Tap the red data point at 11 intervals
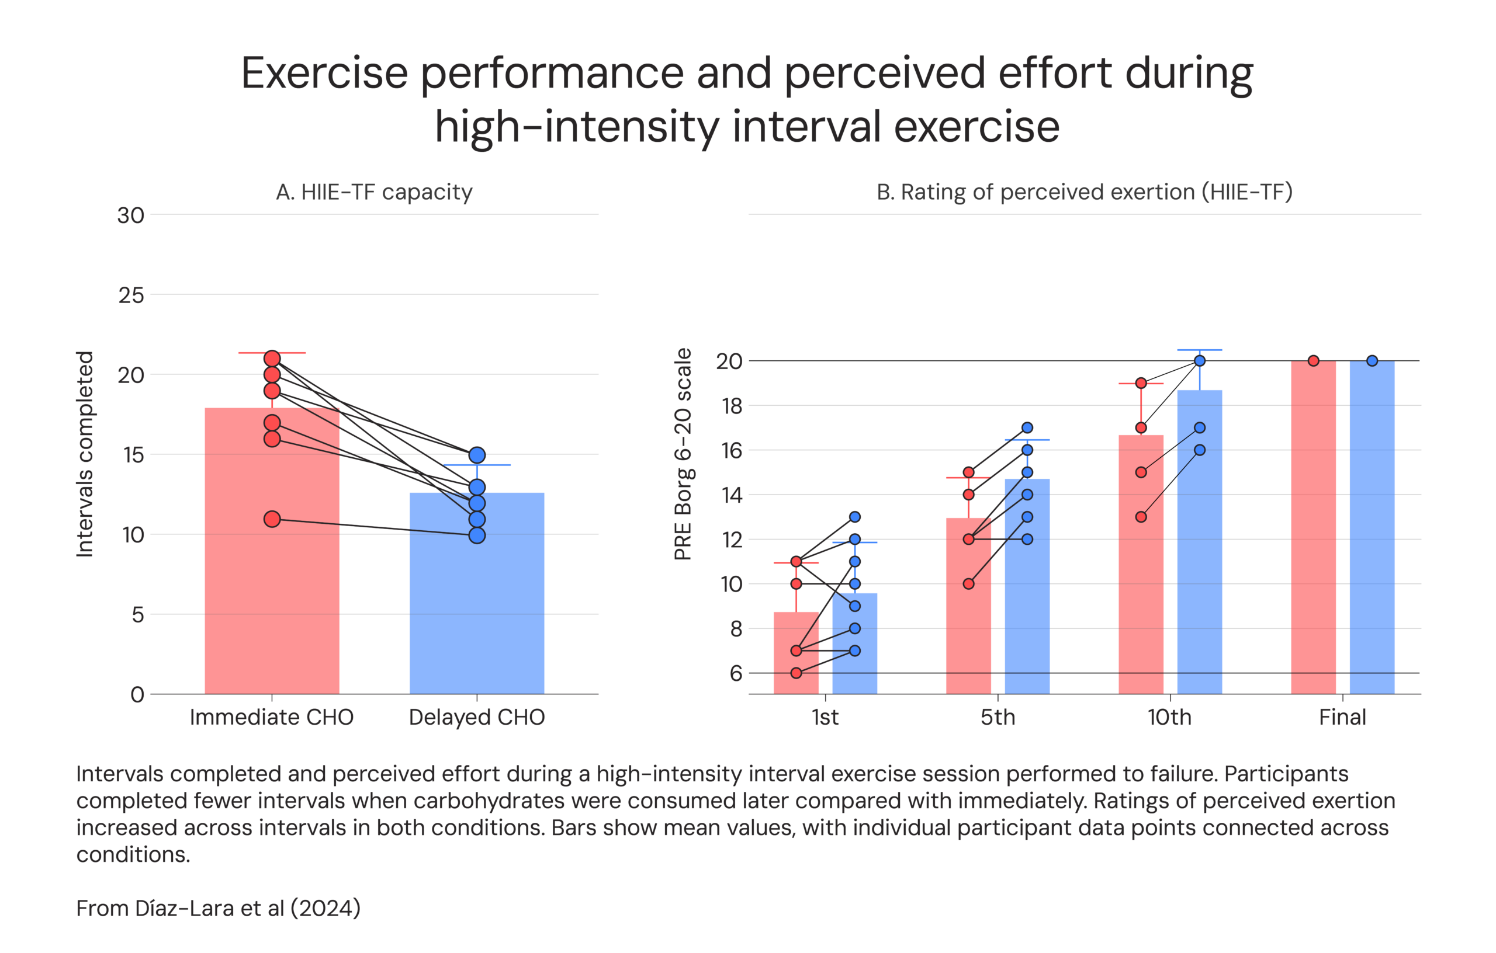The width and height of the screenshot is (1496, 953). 272,519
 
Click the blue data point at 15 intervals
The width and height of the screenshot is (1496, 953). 476,455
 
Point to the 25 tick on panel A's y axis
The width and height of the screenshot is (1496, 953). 131,295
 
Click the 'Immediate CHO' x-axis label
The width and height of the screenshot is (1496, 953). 272,717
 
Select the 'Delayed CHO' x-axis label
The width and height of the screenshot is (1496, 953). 476,717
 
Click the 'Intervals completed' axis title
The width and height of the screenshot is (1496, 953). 85,454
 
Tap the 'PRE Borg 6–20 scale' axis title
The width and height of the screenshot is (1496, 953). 683,454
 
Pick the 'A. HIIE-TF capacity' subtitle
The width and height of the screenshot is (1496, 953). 374,192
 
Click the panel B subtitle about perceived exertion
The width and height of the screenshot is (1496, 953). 1084,192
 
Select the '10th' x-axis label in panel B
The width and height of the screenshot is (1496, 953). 1169,717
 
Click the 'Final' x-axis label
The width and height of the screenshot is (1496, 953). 1342,717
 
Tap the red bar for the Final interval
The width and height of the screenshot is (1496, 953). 1313,528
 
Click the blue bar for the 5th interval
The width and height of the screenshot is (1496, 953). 1027,590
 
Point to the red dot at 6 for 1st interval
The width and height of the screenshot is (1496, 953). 796,673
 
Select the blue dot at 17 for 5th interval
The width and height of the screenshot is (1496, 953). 1027,428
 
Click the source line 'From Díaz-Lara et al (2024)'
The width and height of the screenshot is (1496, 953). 218,908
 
